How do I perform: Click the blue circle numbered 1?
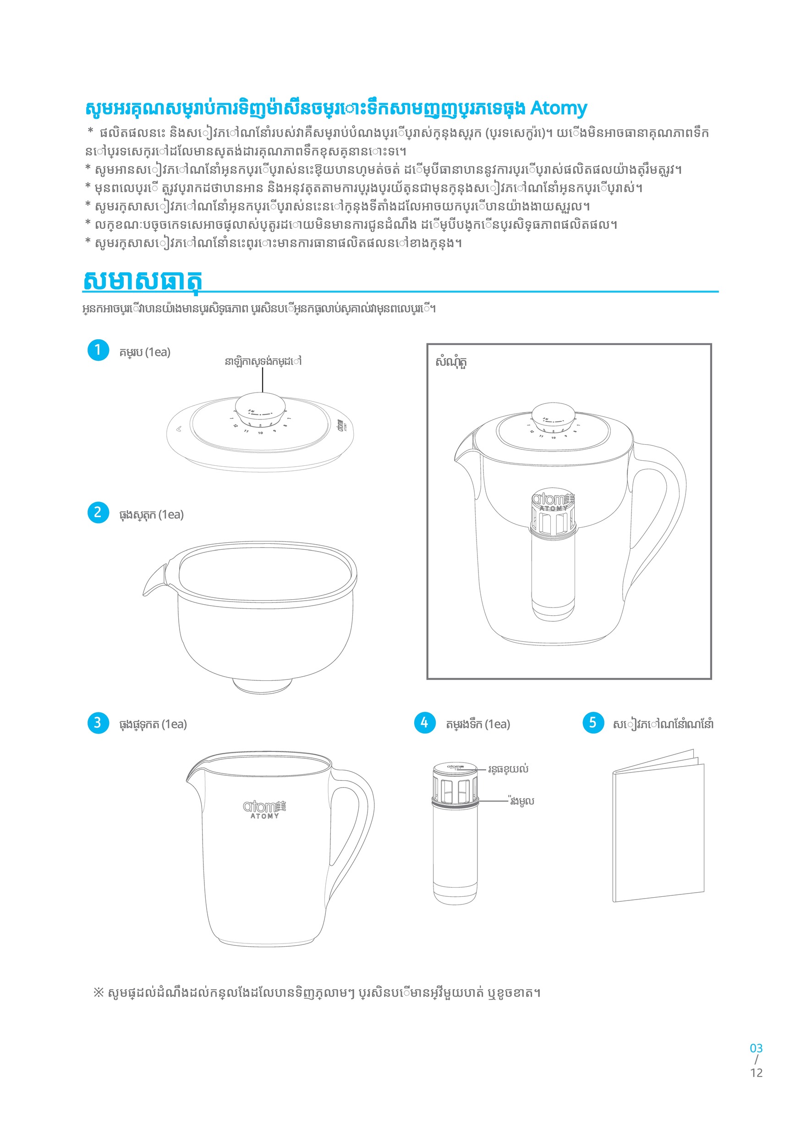tap(98, 350)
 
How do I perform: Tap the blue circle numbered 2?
tap(98, 513)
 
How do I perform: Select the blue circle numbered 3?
tap(98, 723)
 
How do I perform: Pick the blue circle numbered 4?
tap(425, 723)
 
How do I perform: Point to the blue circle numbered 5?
tap(593, 723)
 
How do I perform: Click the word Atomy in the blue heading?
tap(558, 108)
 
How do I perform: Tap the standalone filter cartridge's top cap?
tap(455, 767)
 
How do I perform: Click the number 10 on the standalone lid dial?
tap(260, 433)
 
